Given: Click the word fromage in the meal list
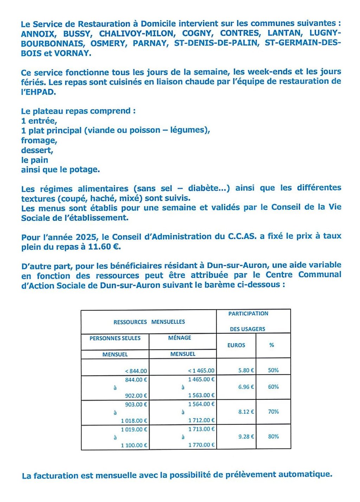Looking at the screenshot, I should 39,141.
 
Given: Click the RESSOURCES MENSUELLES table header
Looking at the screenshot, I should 149,322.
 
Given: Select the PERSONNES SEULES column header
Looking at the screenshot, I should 115,338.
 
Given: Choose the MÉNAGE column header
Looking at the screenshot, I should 180,338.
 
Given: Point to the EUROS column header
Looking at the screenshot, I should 236,345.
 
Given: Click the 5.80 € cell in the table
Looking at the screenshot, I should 246,370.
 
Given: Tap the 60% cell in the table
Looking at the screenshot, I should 273,387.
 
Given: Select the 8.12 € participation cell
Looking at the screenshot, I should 246,412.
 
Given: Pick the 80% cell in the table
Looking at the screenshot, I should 273,437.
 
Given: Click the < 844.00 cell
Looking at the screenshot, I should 136,371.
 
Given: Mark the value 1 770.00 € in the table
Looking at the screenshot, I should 201,445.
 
